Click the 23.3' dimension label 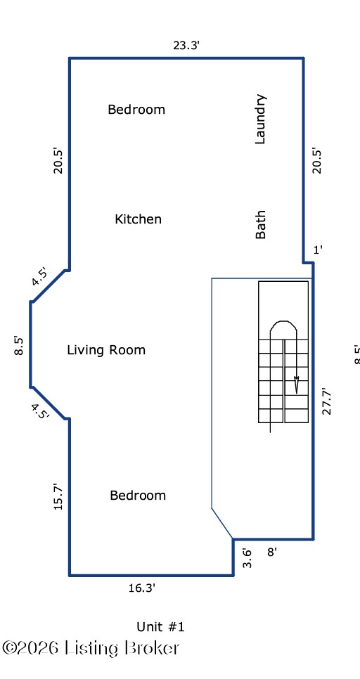[x=186, y=45]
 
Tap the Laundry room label [x=260, y=119]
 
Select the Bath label [x=260, y=225]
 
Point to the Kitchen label [x=139, y=219]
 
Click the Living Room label [x=106, y=350]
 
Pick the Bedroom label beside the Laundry [x=136, y=109]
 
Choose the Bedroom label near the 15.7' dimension [x=138, y=496]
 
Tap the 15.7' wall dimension [x=58, y=497]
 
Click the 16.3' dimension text [x=141, y=588]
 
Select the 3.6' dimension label [x=247, y=558]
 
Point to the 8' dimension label [x=272, y=552]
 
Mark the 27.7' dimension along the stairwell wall [x=327, y=401]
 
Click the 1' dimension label [x=318, y=250]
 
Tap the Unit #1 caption [x=161, y=626]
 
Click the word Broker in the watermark [x=152, y=648]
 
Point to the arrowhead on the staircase [x=296, y=384]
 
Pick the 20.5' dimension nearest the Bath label [x=318, y=161]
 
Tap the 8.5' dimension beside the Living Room [x=19, y=345]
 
